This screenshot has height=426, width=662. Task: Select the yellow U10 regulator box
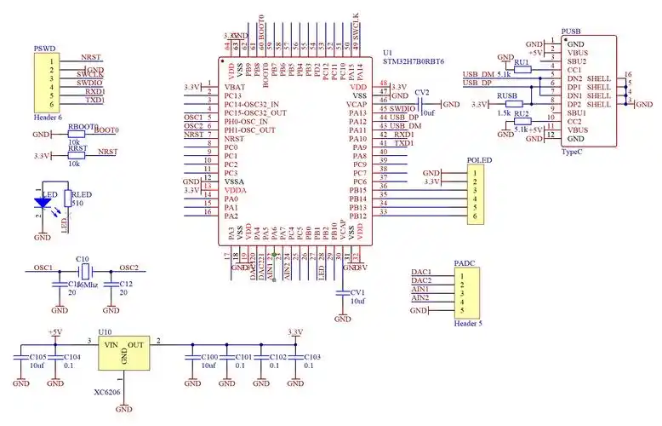pyautogui.click(x=124, y=351)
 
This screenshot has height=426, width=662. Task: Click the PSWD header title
pyautogui.click(x=44, y=49)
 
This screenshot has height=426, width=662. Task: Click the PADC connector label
pyautogui.click(x=465, y=264)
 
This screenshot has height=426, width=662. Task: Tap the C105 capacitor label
pyautogui.click(x=38, y=357)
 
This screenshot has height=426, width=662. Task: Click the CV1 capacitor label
pyautogui.click(x=358, y=292)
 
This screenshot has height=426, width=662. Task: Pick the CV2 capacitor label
pyautogui.click(x=422, y=92)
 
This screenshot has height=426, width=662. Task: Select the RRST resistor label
pyautogui.click(x=77, y=147)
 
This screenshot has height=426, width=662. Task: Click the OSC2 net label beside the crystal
pyautogui.click(x=129, y=267)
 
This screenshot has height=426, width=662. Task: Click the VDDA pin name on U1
pyautogui.click(x=237, y=189)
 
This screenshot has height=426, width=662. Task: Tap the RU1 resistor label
pyautogui.click(x=522, y=62)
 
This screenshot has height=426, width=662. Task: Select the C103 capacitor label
pyautogui.click(x=311, y=357)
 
